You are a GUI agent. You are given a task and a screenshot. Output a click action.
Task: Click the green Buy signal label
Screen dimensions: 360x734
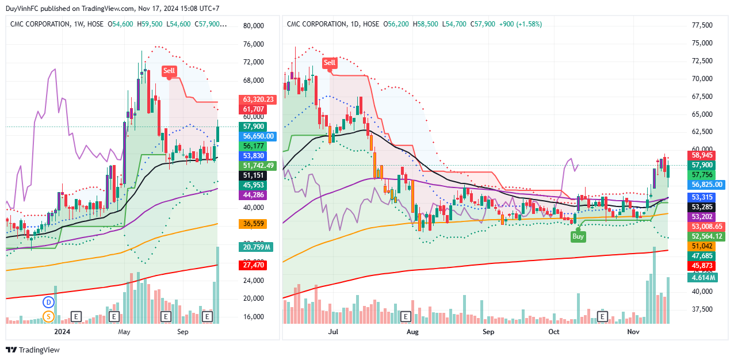click(578, 236)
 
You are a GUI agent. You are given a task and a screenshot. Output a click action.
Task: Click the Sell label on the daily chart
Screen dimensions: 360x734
click(330, 63)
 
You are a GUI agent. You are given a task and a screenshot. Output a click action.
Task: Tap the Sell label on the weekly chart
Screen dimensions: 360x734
click(169, 71)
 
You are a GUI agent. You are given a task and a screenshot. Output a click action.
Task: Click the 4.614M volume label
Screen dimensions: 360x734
click(704, 278)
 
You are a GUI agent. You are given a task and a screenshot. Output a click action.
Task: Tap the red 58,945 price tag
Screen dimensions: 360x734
click(702, 155)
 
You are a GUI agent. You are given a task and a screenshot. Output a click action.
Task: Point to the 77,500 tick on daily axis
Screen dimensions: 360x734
click(701, 25)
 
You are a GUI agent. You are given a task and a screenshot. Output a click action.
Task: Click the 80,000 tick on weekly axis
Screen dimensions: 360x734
click(253, 25)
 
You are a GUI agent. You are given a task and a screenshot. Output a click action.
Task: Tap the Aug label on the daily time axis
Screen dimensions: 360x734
click(412, 332)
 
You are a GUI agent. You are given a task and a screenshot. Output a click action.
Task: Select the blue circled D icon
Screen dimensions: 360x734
click(49, 302)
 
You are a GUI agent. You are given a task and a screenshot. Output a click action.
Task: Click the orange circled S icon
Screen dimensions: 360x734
click(49, 316)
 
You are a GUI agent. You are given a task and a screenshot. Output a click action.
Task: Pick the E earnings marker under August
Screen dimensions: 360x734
click(406, 316)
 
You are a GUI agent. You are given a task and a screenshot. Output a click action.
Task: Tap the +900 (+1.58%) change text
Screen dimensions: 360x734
click(521, 24)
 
